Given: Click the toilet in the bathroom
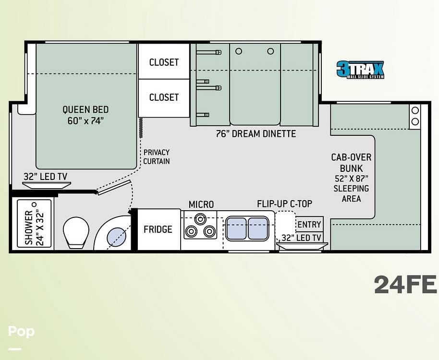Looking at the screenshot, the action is coord(76,232).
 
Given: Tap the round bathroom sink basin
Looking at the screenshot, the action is coord(116,237).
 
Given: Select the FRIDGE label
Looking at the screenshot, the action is coord(158,229).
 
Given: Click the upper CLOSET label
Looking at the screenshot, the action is coord(164,62).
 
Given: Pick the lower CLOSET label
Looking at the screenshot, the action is coord(164,97).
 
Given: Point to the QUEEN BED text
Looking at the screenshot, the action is coord(85,109).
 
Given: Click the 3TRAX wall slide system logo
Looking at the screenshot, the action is coord(360,70).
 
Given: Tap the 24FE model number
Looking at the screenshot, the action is coord(405,285).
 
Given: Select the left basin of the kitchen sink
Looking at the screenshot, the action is coord(236,228).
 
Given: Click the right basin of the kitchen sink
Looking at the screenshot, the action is coord(258,228).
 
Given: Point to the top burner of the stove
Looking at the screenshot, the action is coord(200,219).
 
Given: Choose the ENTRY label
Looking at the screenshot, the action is coord(309,224).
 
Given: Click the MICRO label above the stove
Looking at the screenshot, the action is coord(201,204).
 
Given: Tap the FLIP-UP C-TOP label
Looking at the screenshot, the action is coord(284,204).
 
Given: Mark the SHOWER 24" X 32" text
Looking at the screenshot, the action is coord(35,228).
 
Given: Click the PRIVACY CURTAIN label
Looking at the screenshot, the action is coord(157,156).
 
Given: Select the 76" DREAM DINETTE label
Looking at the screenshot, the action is coord(256,134).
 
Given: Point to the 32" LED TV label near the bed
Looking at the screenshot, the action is coord(45,177).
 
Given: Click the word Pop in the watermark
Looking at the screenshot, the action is coord(21,332).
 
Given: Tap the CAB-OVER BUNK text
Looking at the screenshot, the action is coord(352,163).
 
